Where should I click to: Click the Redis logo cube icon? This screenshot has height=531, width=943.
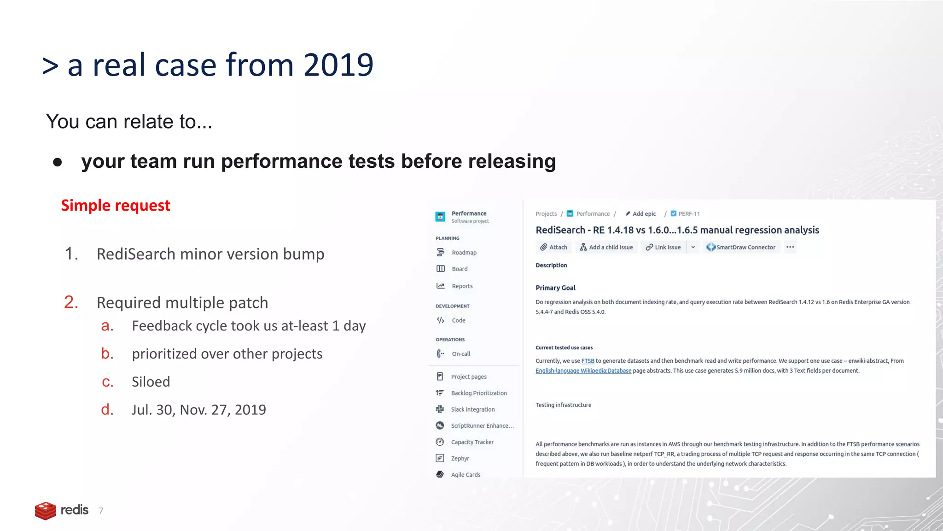(x=45, y=511)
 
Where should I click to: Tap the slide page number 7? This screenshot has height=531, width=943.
(x=101, y=511)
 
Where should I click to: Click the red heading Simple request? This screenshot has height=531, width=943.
(x=116, y=205)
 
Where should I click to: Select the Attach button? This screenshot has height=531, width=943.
(x=553, y=247)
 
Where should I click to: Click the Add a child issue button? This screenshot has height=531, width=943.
(x=606, y=247)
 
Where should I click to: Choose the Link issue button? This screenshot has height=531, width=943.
(x=663, y=247)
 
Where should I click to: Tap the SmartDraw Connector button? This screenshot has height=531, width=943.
(x=741, y=247)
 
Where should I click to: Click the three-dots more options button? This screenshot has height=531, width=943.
(x=790, y=247)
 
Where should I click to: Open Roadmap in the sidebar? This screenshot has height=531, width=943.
(x=464, y=253)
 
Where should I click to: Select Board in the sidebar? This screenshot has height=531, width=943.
(x=459, y=269)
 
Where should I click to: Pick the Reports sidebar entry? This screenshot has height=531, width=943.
(x=462, y=286)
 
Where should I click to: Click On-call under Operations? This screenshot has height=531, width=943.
(x=460, y=354)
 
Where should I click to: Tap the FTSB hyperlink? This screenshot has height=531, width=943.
(x=588, y=361)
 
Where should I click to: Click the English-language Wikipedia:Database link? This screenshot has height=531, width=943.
(x=583, y=371)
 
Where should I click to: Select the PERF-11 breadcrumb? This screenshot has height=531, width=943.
(x=688, y=214)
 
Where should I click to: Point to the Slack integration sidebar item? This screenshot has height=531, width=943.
(x=472, y=409)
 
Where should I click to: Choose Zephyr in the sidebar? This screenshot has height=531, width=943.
(x=460, y=458)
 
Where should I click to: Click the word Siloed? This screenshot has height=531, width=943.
(x=151, y=382)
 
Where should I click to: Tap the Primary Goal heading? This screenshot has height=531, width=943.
(x=555, y=288)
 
